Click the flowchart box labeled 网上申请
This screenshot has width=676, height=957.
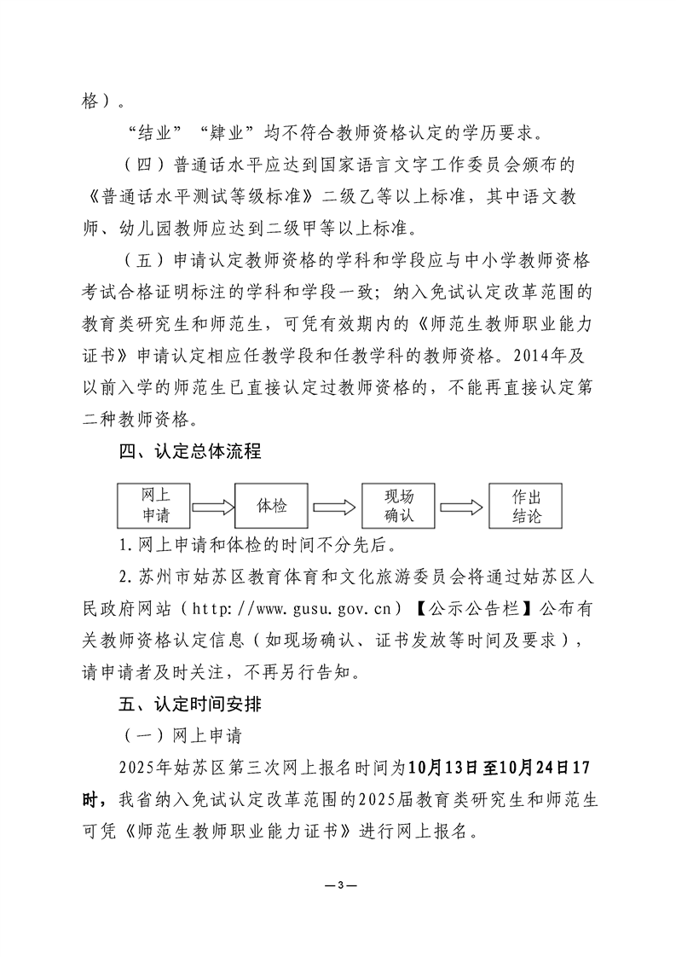click(153, 506)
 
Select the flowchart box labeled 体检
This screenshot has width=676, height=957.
click(272, 506)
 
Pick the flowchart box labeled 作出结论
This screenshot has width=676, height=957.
click(526, 506)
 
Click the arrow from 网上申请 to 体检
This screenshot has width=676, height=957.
click(213, 507)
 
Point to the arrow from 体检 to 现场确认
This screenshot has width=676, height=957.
click(335, 507)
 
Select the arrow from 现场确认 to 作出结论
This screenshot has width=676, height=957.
click(462, 507)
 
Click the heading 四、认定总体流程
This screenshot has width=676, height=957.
click(189, 452)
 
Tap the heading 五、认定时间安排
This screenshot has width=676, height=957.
click(189, 705)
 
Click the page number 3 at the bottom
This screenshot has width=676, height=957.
click(339, 883)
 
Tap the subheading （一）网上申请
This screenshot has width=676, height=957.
click(166, 734)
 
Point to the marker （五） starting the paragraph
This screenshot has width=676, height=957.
click(142, 261)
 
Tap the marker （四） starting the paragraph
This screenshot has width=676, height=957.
click(142, 165)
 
